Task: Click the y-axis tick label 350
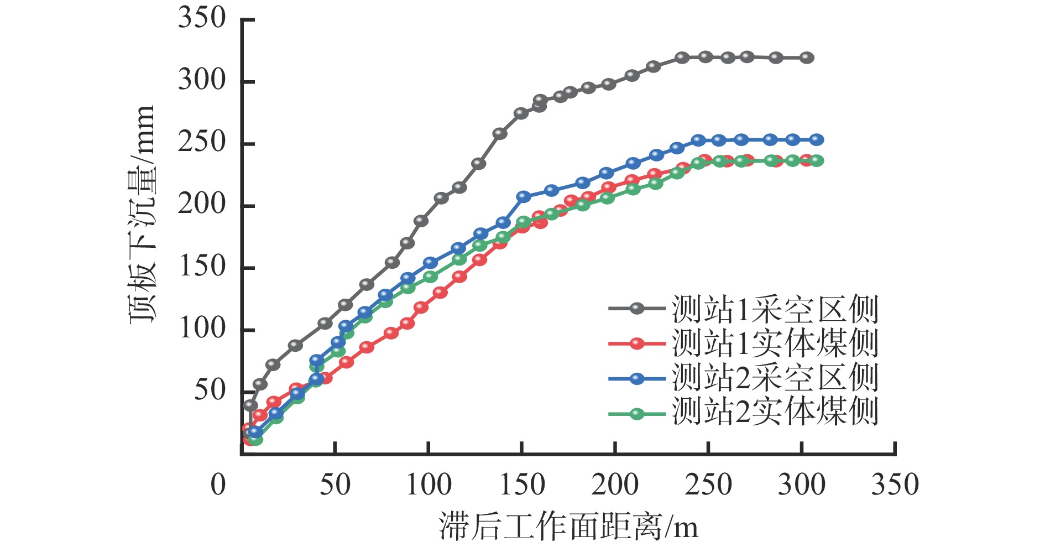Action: pyautogui.click(x=202, y=19)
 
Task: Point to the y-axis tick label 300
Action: pyautogui.click(x=202, y=81)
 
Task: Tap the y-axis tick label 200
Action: pyautogui.click(x=202, y=205)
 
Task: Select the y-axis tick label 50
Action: pyautogui.click(x=210, y=390)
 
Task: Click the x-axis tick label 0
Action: pyautogui.click(x=218, y=485)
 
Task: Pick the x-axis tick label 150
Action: pyautogui.click(x=522, y=485)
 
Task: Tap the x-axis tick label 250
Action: pyautogui.click(x=708, y=485)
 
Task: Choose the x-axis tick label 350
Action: pyautogui.click(x=895, y=485)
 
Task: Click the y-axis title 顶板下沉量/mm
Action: pyautogui.click(x=142, y=215)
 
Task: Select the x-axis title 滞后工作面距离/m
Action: pyautogui.click(x=568, y=526)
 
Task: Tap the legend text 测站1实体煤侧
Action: pyautogui.click(x=775, y=343)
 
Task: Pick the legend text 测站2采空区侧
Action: pyautogui.click(x=775, y=378)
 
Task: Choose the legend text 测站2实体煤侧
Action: pyautogui.click(x=775, y=412)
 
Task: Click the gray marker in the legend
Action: pyautogui.click(x=637, y=309)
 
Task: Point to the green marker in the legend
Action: pyautogui.click(x=637, y=413)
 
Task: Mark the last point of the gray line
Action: pyautogui.click(x=807, y=58)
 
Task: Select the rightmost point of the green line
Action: pyautogui.click(x=817, y=160)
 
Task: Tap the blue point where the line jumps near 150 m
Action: pyautogui.click(x=523, y=196)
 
